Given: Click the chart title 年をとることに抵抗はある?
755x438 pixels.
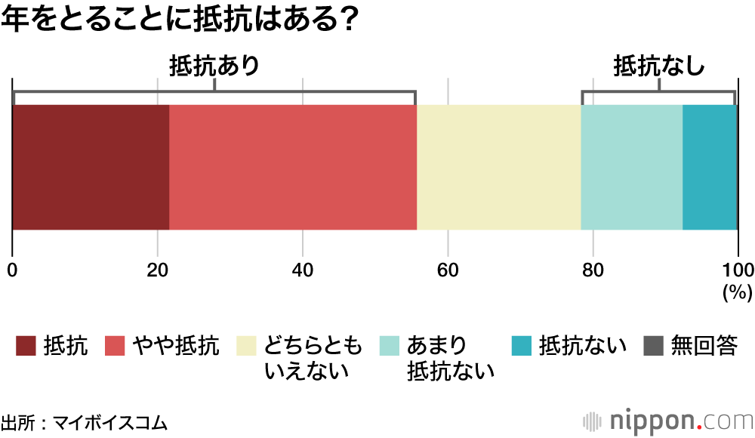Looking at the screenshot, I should coord(179,20).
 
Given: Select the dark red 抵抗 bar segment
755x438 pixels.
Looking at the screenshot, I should coord(91,167).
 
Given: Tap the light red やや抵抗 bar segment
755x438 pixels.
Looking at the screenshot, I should coord(293,167).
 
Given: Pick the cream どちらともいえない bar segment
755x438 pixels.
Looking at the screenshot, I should coord(499,167).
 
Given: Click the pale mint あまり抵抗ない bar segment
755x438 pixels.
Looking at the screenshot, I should coord(632,167).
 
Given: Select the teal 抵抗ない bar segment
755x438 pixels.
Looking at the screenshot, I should coord(710,167).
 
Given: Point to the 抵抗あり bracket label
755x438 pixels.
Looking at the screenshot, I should coord(214,66).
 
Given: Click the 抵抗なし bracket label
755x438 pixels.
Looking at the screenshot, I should coord(659,66).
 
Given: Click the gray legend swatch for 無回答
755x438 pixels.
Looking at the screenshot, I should coord(653,346).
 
